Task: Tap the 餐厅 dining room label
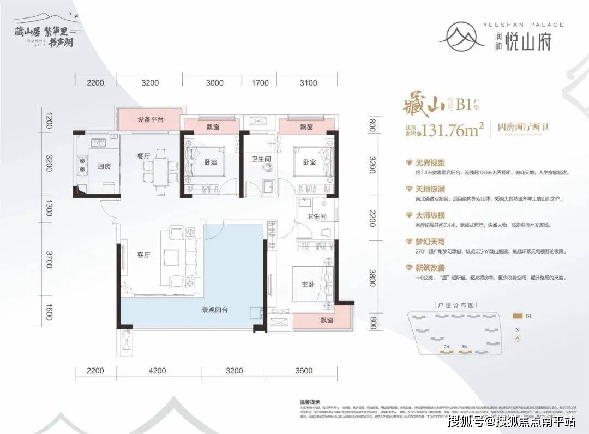[x=143, y=155]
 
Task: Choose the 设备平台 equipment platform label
[x=151, y=119]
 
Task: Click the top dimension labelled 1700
[x=260, y=83]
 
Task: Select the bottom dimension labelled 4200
[x=157, y=371]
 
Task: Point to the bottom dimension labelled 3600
[x=304, y=371]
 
